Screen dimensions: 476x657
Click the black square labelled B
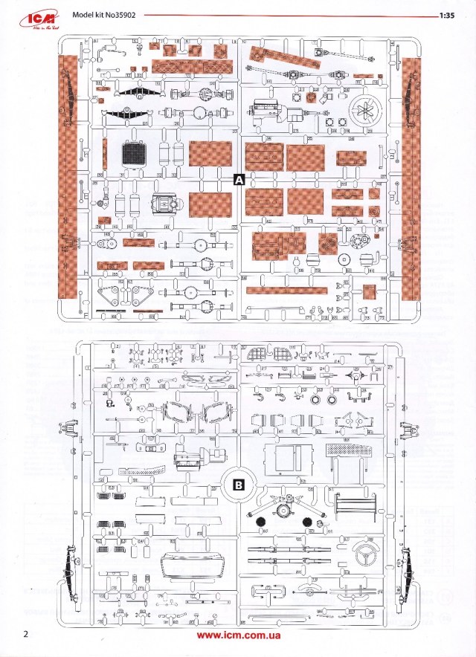click(x=239, y=484)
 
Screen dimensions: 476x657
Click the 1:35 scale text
click(x=447, y=15)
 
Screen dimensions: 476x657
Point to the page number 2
click(x=26, y=634)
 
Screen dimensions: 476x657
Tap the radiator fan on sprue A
click(x=365, y=107)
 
